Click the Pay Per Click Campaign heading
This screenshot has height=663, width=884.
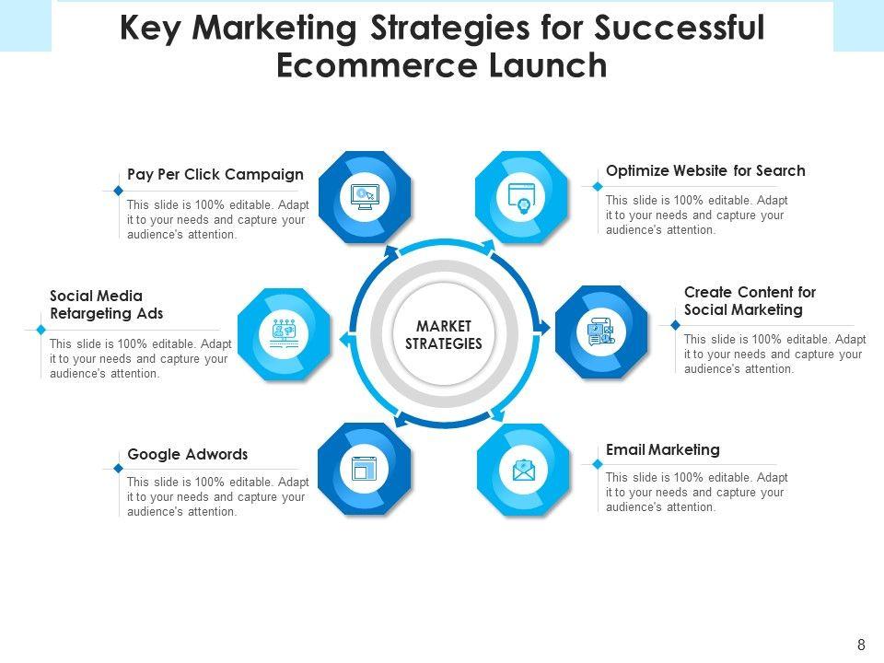(x=215, y=174)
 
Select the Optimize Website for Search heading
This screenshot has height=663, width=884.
(x=705, y=170)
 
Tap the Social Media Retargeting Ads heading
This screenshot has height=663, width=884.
(x=106, y=305)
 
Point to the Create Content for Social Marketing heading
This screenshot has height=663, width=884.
(x=750, y=301)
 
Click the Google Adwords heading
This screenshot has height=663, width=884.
(x=188, y=454)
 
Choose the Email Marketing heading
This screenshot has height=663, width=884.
(x=663, y=449)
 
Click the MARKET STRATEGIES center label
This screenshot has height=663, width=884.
(x=444, y=336)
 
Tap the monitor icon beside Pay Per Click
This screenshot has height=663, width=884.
(x=365, y=196)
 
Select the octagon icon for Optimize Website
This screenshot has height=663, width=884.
(x=522, y=196)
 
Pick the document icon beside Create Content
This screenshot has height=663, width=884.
(x=600, y=331)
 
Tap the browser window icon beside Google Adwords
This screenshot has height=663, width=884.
(x=365, y=469)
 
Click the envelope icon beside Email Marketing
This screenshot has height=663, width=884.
(x=523, y=470)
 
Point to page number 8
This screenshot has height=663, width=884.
(x=861, y=645)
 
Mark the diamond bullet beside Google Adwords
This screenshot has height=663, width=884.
(x=118, y=468)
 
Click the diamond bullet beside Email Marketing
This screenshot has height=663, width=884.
(x=597, y=463)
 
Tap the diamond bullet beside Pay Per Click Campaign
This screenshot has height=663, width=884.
(x=118, y=191)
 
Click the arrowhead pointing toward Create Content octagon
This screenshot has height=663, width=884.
(x=545, y=327)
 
